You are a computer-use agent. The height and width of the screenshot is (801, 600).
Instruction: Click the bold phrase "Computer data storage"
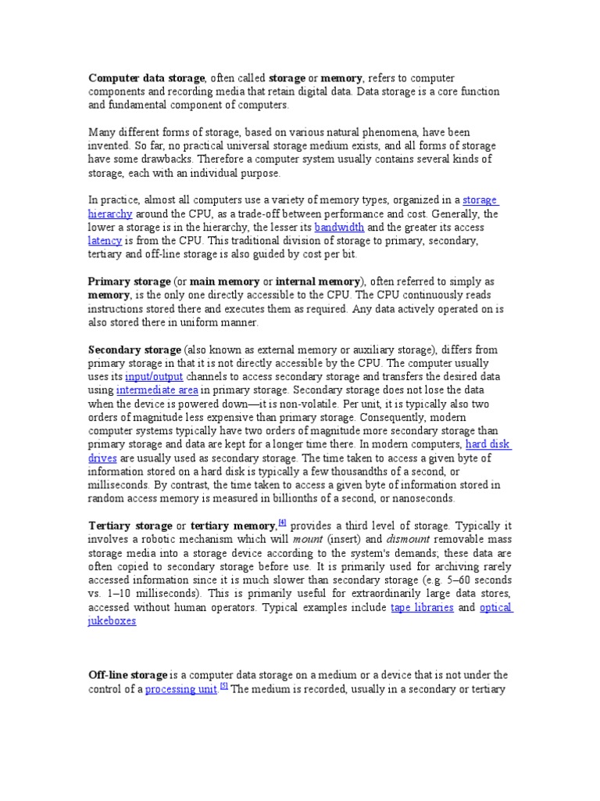pos(146,78)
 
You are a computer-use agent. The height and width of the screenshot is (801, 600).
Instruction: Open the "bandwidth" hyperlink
pos(339,228)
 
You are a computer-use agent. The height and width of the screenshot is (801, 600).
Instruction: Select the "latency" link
pos(105,241)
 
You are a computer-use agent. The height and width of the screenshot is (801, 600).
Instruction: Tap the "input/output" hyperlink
pos(153,376)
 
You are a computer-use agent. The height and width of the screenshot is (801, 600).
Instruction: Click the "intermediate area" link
pos(157,390)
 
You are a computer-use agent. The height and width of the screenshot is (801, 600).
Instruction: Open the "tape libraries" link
pos(422,608)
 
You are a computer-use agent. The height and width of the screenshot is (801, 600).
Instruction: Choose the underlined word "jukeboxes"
pos(112,621)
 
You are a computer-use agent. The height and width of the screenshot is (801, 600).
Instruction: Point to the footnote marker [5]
pos(224,687)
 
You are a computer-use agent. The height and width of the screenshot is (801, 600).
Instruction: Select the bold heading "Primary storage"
pos(129,282)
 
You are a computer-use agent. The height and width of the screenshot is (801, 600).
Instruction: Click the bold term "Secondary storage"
pos(134,350)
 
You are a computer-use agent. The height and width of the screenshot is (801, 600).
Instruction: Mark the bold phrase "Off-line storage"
pos(127,675)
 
